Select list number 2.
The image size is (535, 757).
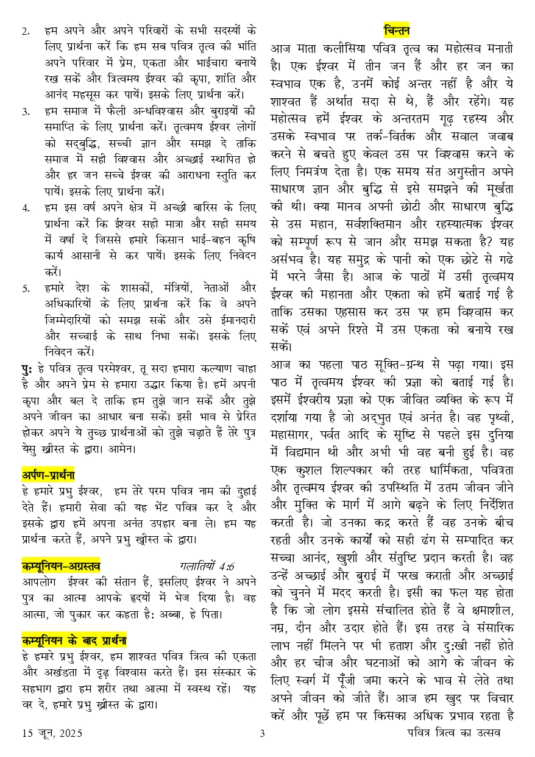point(26,32)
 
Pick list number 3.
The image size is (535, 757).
point(26,112)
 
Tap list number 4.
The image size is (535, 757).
point(26,208)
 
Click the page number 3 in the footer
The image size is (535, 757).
point(262,733)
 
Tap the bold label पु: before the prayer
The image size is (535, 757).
point(26,368)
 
